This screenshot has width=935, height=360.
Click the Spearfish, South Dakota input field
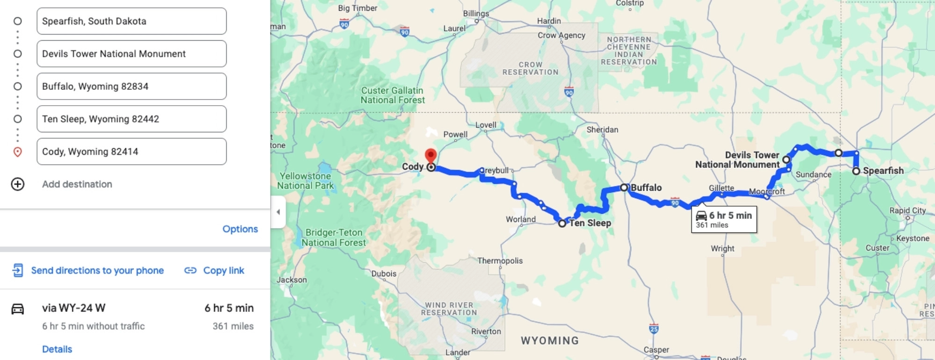coord(131,21)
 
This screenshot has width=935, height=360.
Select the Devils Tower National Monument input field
coord(131,54)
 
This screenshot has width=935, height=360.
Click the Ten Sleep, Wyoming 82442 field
coord(131,119)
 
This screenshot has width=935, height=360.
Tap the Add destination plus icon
coord(18,184)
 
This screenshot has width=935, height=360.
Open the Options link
coord(240,229)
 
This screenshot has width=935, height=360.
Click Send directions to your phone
coord(97,270)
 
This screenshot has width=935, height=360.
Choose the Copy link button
coord(223,270)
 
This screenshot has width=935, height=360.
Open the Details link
coord(57,349)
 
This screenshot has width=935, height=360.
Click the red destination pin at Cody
coord(431,156)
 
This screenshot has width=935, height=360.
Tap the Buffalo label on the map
coord(646,187)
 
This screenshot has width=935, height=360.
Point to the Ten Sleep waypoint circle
coord(562,223)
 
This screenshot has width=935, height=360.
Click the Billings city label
coord(476,14)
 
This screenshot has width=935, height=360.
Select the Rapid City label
coord(907,210)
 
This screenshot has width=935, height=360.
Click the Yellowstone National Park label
coord(305,180)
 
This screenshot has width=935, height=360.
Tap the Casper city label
coord(656,350)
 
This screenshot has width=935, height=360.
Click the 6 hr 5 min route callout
coord(724,219)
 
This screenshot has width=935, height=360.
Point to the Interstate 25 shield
coord(654,329)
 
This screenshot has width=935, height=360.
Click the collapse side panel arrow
coord(278,212)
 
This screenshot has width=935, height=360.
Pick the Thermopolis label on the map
coord(500,260)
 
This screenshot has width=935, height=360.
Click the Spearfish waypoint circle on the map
coord(856,171)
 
